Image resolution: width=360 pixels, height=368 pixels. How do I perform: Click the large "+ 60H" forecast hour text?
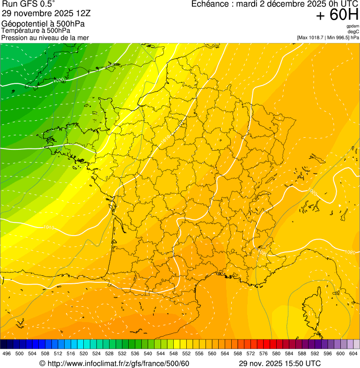point(337,15)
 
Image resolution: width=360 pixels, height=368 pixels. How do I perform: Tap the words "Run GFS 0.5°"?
point(29,4)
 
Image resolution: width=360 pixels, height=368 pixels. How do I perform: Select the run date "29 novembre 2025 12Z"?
point(46,13)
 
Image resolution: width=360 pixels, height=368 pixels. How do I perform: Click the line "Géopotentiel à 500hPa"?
point(43,24)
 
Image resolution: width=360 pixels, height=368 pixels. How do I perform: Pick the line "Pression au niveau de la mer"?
point(45,37)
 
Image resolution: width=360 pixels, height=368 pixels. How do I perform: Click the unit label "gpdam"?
point(353,26)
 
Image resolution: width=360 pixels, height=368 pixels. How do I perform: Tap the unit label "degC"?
point(353,31)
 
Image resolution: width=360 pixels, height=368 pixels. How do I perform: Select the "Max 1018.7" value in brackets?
point(311,37)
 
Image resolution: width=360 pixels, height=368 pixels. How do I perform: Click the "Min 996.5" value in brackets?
point(338,37)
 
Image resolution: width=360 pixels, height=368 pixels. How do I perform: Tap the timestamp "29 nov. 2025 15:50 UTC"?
point(279,363)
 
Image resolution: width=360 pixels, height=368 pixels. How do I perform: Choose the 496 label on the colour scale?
point(7,353)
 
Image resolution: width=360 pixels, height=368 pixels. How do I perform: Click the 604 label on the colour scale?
point(353,353)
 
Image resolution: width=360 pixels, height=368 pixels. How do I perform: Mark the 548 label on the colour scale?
point(174,353)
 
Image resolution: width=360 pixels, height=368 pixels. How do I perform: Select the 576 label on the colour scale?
point(264,353)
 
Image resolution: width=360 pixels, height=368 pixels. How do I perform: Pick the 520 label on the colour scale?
point(84,353)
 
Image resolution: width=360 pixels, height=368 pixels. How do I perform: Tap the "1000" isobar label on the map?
point(59,81)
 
